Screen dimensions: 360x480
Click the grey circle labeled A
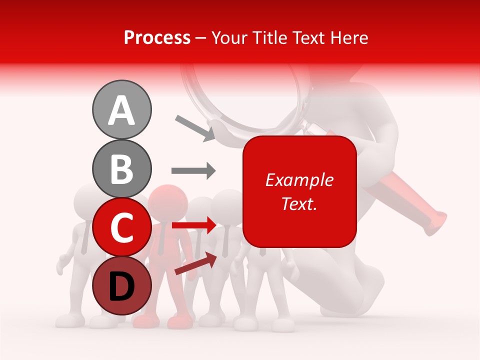coord(121,109)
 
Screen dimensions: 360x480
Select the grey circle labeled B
coord(121,168)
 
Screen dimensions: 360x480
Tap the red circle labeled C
coord(121,227)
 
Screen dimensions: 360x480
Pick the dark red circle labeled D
coord(121,286)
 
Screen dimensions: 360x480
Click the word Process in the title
coord(157,37)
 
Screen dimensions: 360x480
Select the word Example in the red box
coord(299,180)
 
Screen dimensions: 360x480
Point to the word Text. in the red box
coord(299,203)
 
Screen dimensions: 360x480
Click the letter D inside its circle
coord(121,287)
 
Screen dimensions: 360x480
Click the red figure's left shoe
coord(145,320)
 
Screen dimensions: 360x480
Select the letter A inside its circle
coord(121,110)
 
